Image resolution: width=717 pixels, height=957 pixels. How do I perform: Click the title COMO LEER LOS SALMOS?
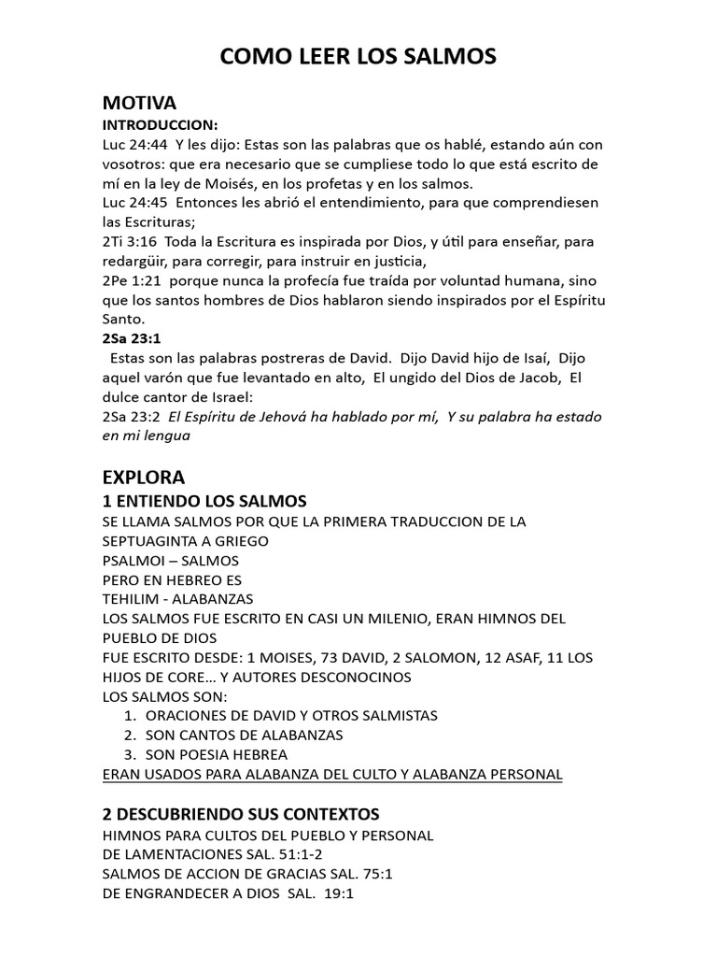tap(358, 58)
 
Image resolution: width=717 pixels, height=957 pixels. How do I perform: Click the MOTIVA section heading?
tap(139, 103)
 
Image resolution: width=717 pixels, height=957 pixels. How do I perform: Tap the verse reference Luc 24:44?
tap(132, 145)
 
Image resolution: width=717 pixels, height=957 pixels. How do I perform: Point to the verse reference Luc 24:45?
tap(132, 203)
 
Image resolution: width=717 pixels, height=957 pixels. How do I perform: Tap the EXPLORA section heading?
tap(144, 478)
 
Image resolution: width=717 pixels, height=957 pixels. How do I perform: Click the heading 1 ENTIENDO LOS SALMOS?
tap(204, 501)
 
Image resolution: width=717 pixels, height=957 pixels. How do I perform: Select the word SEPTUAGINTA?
tap(159, 541)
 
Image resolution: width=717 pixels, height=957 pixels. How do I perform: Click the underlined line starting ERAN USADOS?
tap(332, 774)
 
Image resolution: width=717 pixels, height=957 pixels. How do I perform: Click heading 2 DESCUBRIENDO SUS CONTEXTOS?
tap(241, 814)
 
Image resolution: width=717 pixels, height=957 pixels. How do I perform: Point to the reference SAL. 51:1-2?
tap(280, 854)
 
